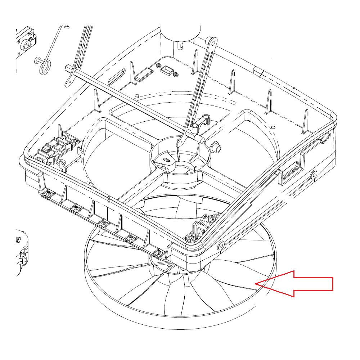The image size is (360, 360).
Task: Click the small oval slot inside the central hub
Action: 166,159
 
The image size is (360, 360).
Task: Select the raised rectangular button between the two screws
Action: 167,70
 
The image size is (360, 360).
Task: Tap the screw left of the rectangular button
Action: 159,65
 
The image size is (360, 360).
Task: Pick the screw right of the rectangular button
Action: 175,74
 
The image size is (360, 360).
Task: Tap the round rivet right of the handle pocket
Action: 313,175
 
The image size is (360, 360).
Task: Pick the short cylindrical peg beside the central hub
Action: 217,147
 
